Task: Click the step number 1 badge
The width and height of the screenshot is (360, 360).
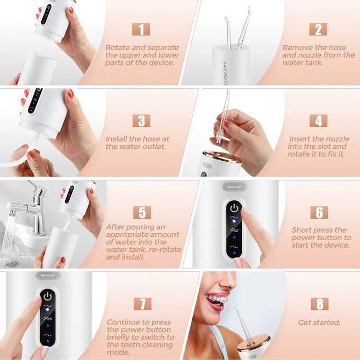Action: click(x=141, y=30)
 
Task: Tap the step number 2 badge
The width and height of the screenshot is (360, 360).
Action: click(x=318, y=30)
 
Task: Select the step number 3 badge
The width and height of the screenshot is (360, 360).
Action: click(x=141, y=121)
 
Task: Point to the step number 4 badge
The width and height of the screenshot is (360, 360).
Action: click(x=319, y=121)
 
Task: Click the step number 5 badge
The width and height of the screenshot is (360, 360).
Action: click(x=142, y=212)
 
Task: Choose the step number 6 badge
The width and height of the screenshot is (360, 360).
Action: click(x=319, y=212)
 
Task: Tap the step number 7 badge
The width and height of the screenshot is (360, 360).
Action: click(x=142, y=304)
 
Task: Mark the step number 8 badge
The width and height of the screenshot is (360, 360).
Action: click(x=320, y=304)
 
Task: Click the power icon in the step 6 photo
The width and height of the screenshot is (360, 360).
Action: click(x=234, y=208)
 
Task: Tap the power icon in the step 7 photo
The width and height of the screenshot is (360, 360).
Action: click(x=47, y=296)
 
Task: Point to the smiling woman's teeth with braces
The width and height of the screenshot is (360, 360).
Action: click(x=217, y=300)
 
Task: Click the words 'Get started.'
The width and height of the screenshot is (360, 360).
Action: click(x=319, y=322)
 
